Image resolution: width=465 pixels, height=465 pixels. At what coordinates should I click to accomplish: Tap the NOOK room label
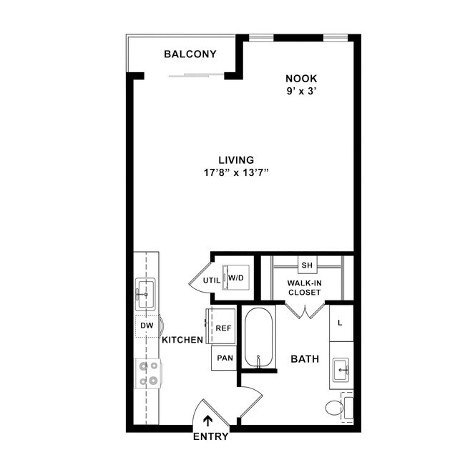tap(301, 78)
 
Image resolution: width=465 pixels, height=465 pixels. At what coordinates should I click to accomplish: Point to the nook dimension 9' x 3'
tap(301, 91)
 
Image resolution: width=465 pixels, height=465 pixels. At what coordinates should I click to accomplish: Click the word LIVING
tap(236, 160)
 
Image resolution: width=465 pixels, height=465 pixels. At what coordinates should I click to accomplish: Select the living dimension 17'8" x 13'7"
tap(236, 172)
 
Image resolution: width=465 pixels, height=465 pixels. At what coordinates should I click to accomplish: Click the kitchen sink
tap(146, 293)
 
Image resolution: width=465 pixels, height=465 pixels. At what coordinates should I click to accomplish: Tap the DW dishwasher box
tap(147, 326)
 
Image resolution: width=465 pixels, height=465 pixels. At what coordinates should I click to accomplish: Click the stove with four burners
tap(149, 373)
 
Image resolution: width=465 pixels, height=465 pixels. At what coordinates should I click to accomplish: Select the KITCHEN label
tap(182, 340)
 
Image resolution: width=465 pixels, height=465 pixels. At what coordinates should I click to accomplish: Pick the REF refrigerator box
tap(223, 328)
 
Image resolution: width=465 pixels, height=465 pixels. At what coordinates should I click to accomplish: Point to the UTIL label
tap(211, 280)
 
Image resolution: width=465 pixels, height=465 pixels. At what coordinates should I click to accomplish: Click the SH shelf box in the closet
tap(307, 265)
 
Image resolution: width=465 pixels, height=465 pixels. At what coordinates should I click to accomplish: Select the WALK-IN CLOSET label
tap(305, 288)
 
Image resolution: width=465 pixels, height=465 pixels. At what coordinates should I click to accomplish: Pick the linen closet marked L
tap(341, 323)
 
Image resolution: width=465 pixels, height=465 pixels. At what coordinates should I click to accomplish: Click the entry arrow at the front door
tap(208, 421)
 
